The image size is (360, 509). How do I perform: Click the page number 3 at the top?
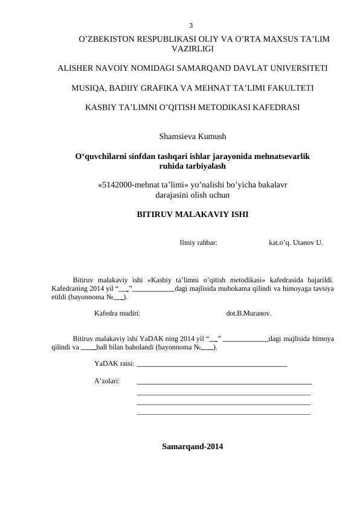point(191,25)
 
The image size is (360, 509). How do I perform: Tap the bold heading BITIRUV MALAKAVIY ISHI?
point(192,215)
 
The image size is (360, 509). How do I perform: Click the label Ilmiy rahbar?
point(199,243)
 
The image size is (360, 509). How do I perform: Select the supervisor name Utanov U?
point(308,243)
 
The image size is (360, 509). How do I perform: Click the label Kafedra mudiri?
point(118,314)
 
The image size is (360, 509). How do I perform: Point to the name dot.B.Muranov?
point(248,314)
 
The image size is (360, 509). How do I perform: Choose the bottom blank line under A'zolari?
point(223,414)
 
